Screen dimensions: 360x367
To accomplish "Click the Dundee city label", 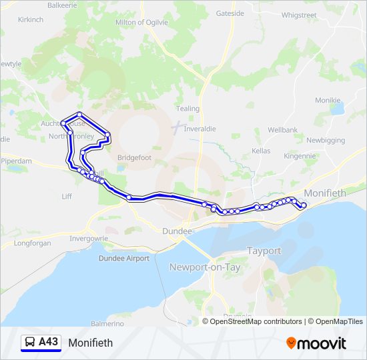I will point(177,231).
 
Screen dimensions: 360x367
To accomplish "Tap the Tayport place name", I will point(264,251).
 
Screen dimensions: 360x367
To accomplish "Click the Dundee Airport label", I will point(124,258).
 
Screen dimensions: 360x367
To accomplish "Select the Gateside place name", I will point(230,13).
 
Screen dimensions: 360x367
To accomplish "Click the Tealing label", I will point(188,109).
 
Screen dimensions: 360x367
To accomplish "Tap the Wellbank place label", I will point(282,129).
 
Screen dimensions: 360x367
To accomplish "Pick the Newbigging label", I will point(326,140).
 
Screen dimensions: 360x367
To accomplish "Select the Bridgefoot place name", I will point(135,157).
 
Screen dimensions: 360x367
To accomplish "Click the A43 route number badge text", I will point(48,342).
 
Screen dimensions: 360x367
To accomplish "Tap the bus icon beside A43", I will point(30,343).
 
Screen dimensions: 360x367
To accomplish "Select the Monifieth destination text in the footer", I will point(90,343).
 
